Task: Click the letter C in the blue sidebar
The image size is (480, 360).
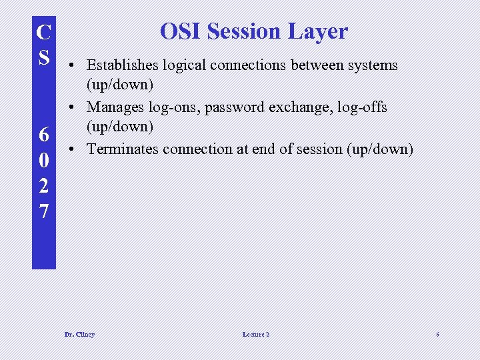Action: [x=44, y=33]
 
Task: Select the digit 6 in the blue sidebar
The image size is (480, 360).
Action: [x=44, y=135]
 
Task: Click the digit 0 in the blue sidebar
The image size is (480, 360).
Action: [x=44, y=161]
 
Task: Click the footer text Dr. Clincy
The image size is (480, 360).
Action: [x=79, y=334]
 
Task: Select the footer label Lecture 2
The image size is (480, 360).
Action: [x=256, y=334]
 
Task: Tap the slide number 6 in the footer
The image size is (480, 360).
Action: [x=437, y=334]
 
